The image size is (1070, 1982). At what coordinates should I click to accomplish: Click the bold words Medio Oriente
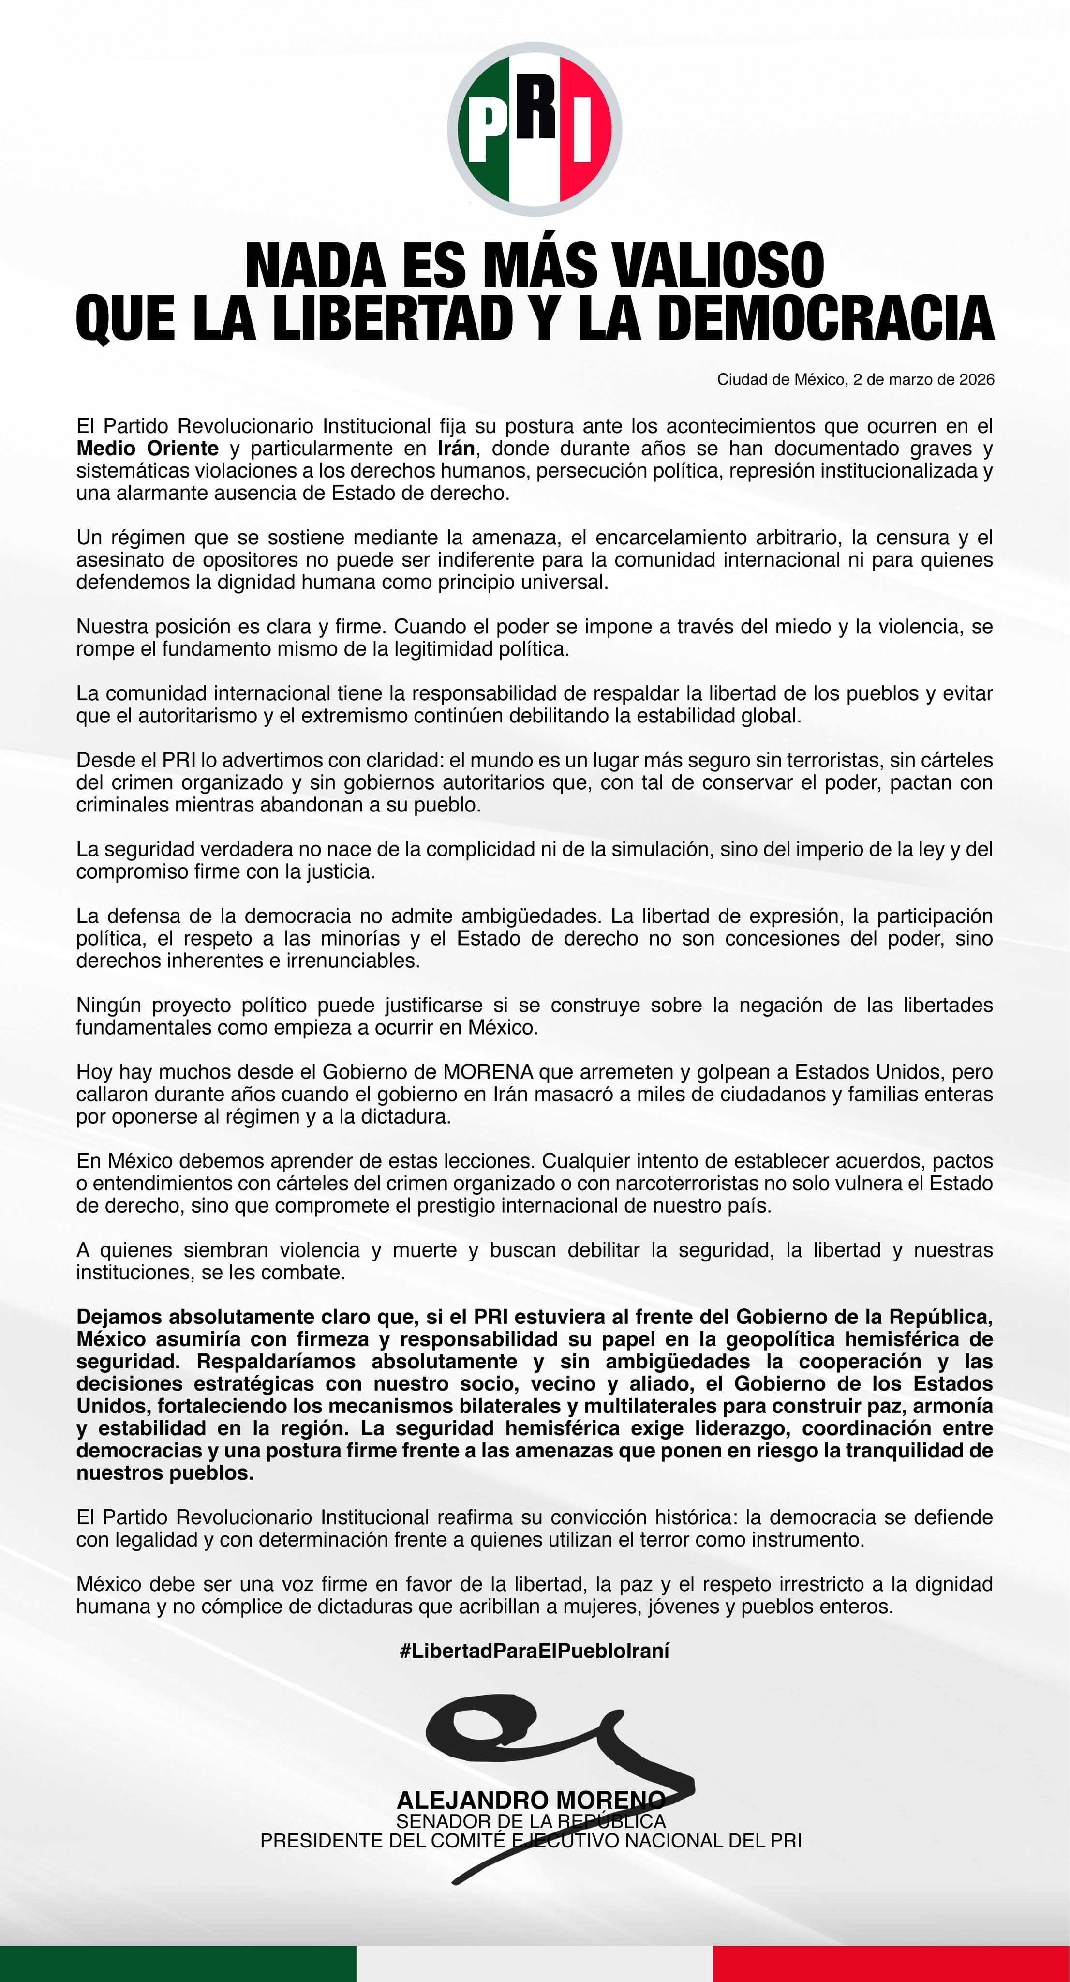coord(147,449)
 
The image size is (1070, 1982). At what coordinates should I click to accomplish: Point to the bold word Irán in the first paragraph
coord(455,449)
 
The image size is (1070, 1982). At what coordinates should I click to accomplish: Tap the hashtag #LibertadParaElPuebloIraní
coord(535,1651)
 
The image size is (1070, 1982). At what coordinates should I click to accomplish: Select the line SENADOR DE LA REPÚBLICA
coord(531,1821)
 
